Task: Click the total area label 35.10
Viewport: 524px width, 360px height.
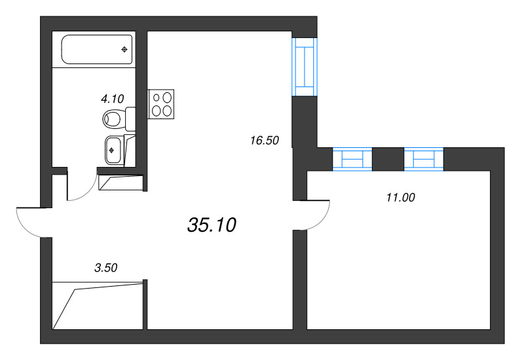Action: click(211, 225)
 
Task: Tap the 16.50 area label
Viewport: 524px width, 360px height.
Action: click(265, 139)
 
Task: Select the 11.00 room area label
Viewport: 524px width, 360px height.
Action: click(401, 197)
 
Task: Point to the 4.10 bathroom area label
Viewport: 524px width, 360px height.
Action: click(112, 99)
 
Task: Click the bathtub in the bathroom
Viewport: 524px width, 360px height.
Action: click(97, 49)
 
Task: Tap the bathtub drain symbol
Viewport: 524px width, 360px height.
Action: click(124, 49)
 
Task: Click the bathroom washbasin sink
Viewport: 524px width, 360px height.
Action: click(113, 150)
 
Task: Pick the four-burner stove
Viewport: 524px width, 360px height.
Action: click(162, 103)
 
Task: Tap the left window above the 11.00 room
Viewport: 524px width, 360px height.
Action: click(352, 160)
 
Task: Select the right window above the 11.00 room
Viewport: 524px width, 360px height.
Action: click(424, 160)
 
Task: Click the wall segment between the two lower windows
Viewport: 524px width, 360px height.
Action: click(388, 159)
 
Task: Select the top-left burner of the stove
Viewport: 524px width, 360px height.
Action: click(157, 98)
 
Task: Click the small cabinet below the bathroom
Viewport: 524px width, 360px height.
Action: click(120, 182)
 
